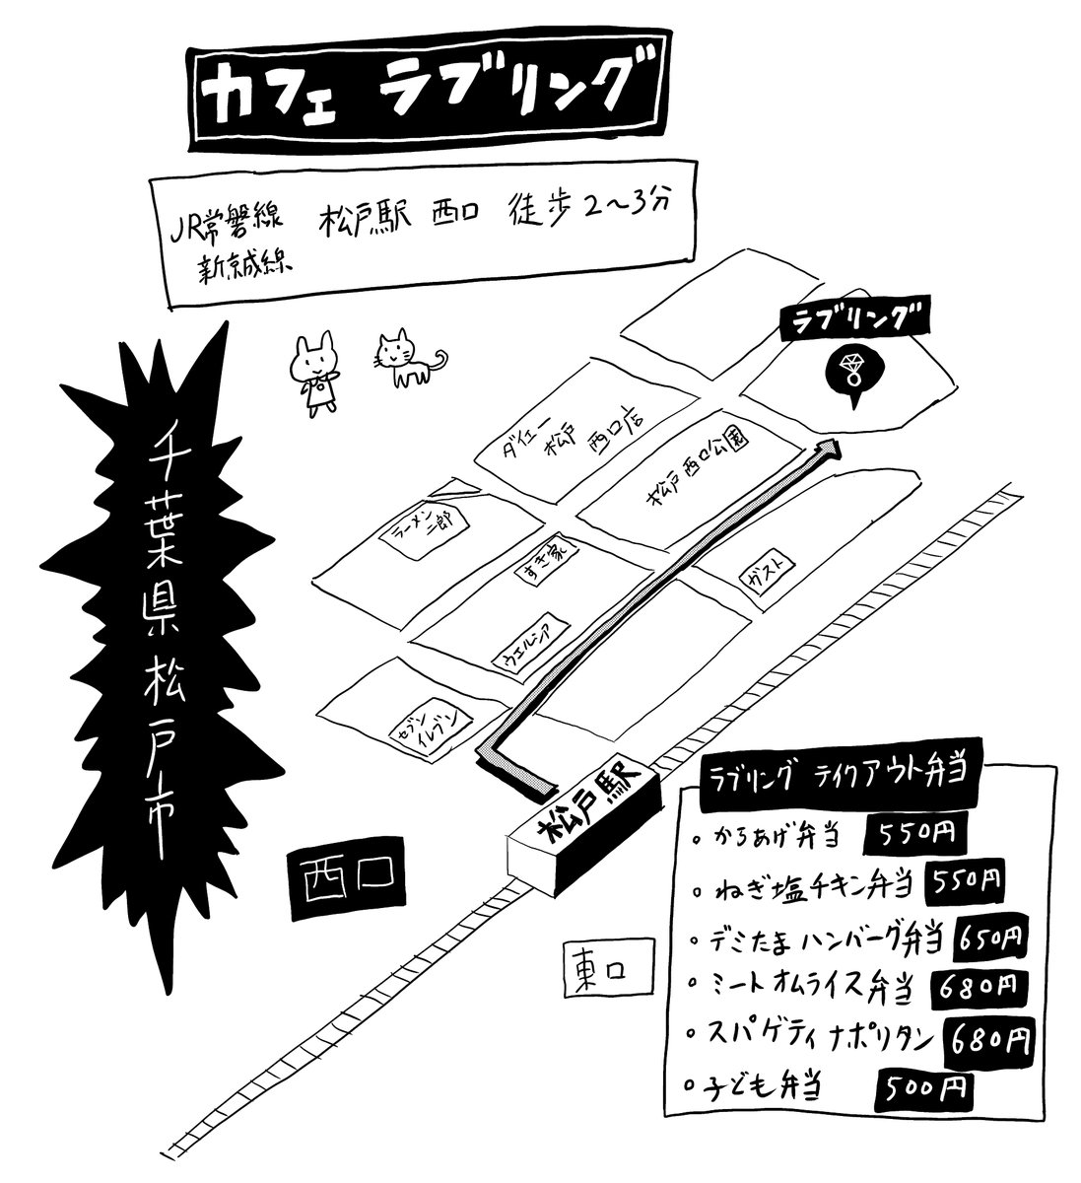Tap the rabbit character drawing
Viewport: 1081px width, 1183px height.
(317, 373)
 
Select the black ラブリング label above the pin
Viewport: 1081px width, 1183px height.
(853, 319)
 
